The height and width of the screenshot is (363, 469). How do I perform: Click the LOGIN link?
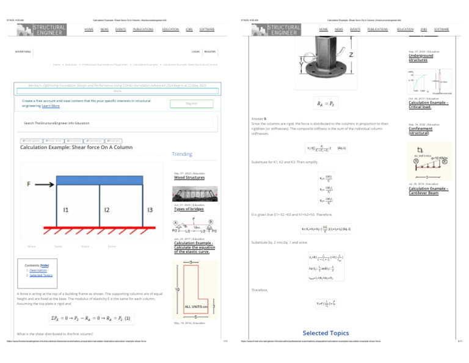[x=195, y=52]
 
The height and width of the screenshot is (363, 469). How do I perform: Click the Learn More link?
[x=51, y=106]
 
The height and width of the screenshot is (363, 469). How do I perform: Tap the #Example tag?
[x=113, y=141]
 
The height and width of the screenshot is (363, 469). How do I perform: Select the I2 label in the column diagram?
[x=107, y=210]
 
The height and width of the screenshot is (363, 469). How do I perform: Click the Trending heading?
[x=182, y=155]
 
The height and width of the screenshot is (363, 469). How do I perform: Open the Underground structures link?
[x=421, y=58]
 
